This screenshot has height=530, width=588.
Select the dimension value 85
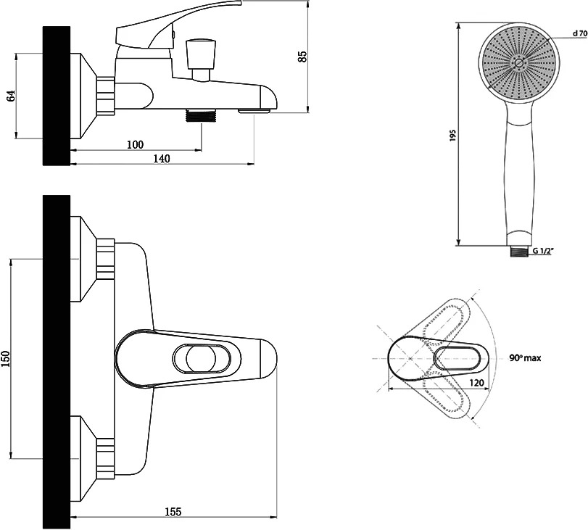point(302,57)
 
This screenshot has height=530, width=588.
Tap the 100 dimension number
point(135,144)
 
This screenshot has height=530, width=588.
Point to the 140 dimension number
point(162,159)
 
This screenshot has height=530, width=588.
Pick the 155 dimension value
point(173,511)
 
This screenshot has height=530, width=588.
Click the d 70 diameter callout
point(580,33)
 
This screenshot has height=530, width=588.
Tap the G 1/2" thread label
point(543,251)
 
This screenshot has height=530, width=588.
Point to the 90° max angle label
point(525,358)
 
